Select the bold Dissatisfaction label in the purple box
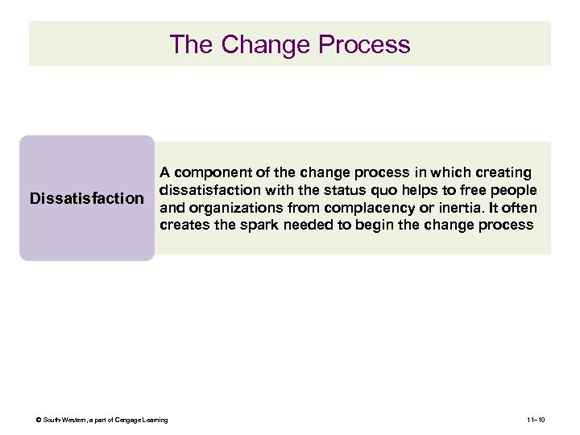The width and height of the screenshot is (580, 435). coord(86,198)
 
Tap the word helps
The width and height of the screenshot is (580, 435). coord(428,190)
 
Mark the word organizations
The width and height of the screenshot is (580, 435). coord(230,208)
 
